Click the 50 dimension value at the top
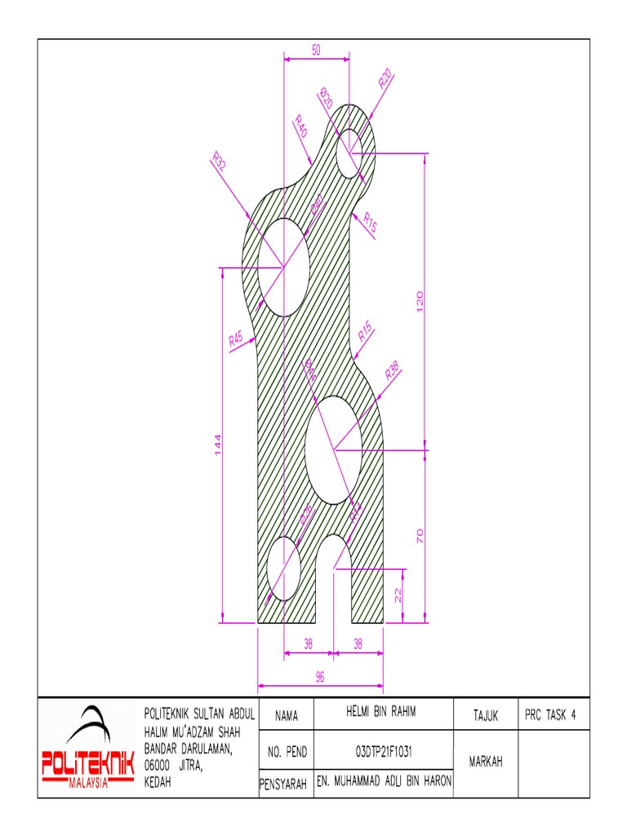[316, 51]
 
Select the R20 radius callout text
[386, 79]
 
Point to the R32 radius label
[219, 161]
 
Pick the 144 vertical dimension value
[218, 445]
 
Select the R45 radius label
[237, 338]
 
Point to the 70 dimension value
[420, 536]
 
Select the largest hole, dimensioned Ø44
[334, 449]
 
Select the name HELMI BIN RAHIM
[380, 713]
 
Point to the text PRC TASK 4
[551, 714]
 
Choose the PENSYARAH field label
[282, 785]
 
